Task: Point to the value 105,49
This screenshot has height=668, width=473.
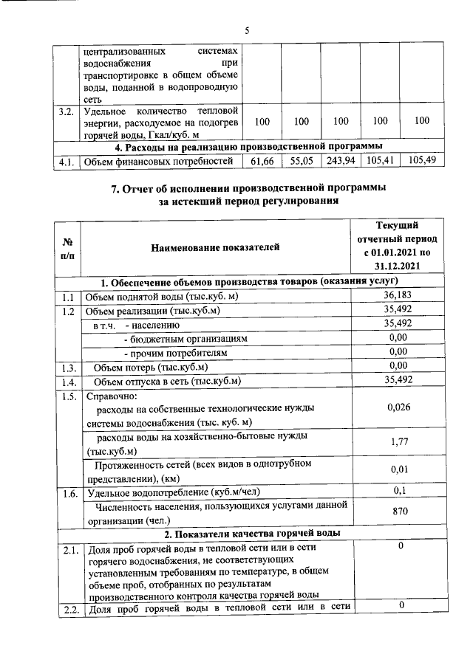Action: (421, 160)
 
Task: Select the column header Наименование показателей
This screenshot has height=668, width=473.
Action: (215, 248)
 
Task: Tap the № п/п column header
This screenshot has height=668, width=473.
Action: (67, 248)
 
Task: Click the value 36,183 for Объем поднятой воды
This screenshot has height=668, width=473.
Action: (398, 296)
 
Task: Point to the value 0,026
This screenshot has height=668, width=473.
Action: (398, 407)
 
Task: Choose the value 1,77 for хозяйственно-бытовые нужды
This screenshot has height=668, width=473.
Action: (398, 443)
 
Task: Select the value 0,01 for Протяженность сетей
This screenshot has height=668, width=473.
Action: (398, 470)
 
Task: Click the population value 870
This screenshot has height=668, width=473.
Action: (398, 511)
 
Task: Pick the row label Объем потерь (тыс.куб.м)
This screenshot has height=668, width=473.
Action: (151, 367)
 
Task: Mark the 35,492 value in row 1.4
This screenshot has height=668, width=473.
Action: (398, 380)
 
